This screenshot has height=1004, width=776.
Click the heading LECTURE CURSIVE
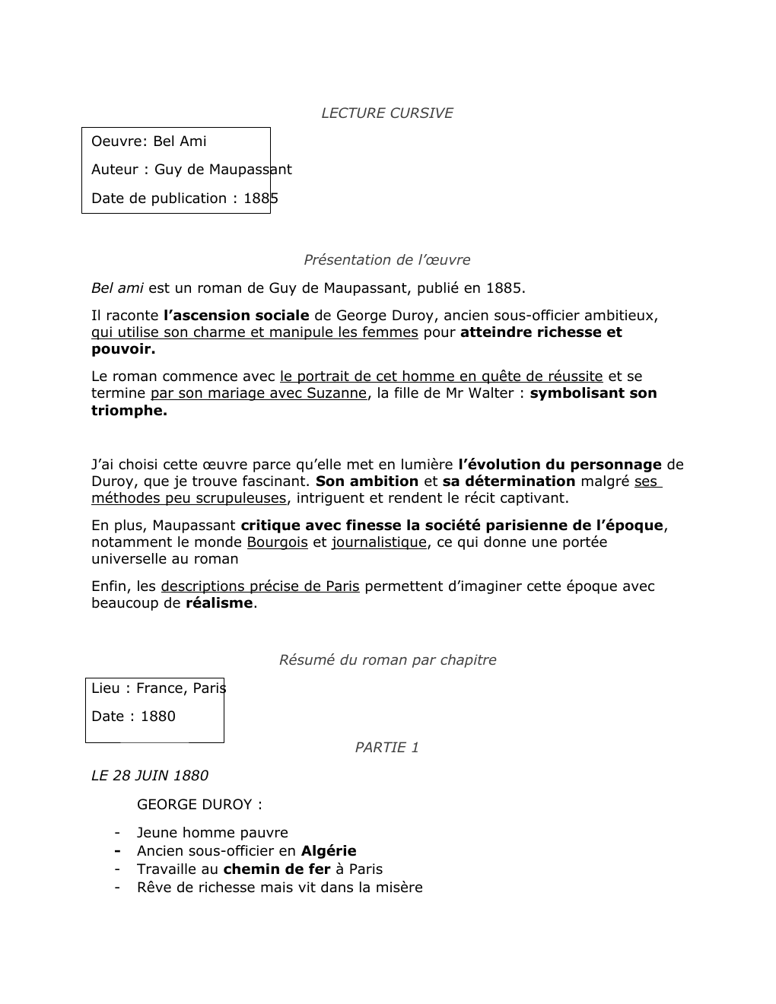tap(386, 113)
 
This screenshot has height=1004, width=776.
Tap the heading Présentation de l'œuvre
tap(386, 260)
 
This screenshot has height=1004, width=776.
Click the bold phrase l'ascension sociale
tap(237, 316)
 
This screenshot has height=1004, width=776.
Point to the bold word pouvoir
tap(122, 350)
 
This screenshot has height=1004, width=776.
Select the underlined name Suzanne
tap(336, 393)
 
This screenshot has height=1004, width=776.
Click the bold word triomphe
tap(129, 411)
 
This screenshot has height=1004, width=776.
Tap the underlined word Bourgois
tap(277, 542)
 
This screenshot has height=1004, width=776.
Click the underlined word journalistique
tap(379, 542)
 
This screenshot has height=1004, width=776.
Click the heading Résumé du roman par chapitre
tap(387, 660)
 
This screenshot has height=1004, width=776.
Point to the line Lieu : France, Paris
tap(158, 688)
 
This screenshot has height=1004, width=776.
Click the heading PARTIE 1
tap(386, 748)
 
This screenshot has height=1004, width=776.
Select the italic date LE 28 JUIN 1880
tap(149, 776)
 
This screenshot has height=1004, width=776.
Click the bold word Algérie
tap(329, 851)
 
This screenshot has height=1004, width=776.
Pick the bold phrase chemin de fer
tap(277, 869)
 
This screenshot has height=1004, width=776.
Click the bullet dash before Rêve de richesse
tap(118, 888)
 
